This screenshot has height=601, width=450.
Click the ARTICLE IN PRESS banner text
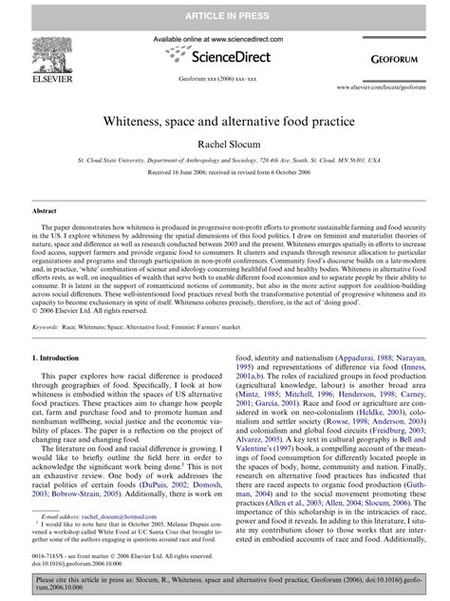pyautogui.click(x=224, y=12)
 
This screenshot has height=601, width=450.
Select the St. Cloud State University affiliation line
pyautogui.click(x=224, y=163)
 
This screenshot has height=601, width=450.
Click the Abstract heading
pyautogui.click(x=46, y=210)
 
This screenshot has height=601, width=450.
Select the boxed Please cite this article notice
pyautogui.click(x=224, y=582)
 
